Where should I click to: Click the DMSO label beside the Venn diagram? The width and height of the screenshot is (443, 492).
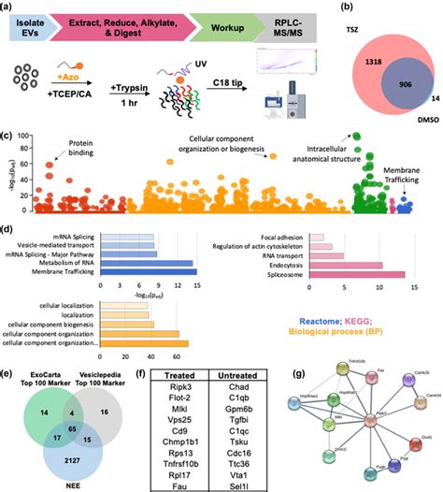point(421,121)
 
